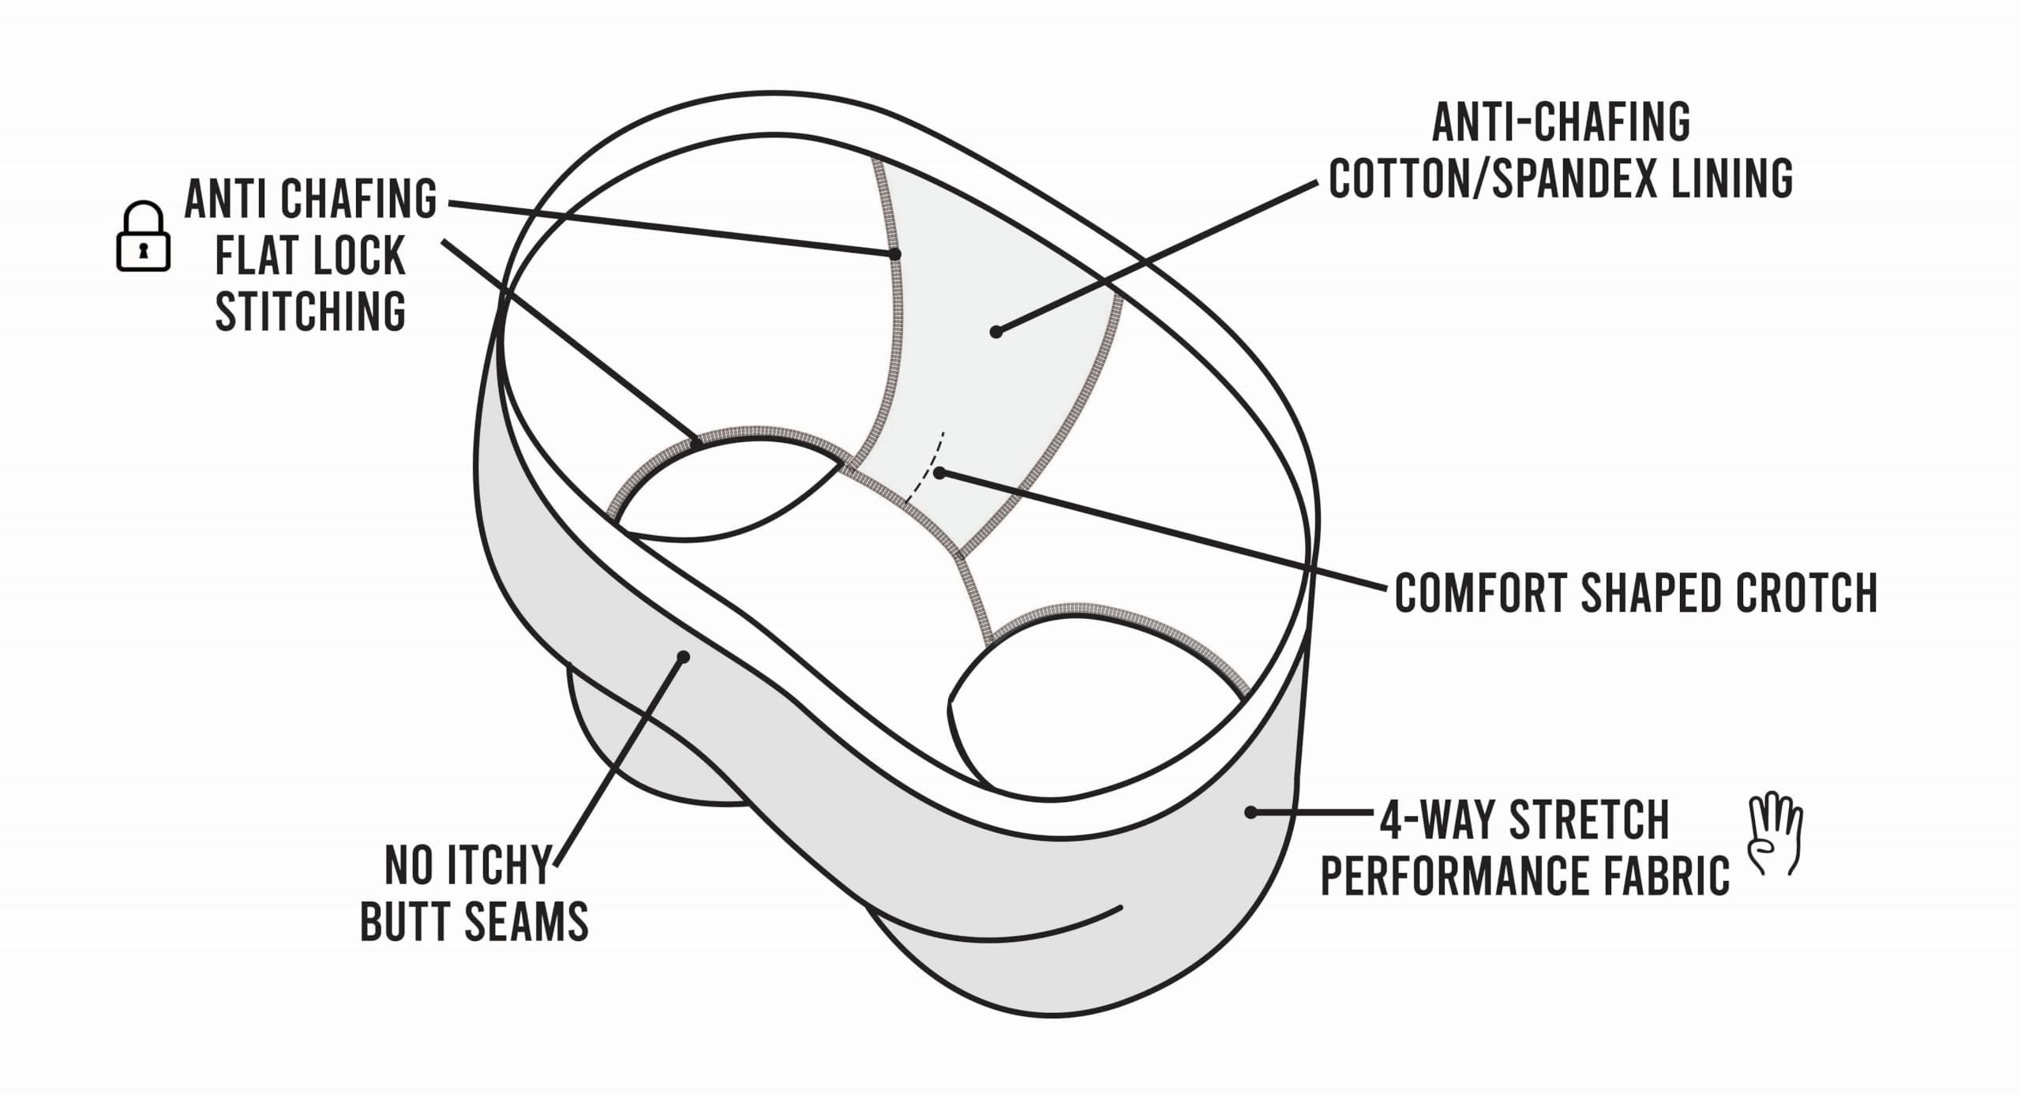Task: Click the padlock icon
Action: click(x=144, y=238)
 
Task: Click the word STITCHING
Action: click(x=310, y=312)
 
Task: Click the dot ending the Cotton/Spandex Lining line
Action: click(x=996, y=332)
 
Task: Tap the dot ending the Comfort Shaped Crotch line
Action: click(x=939, y=473)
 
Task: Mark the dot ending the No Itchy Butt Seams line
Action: click(x=684, y=657)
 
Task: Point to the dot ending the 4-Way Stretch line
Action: click(x=1250, y=812)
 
